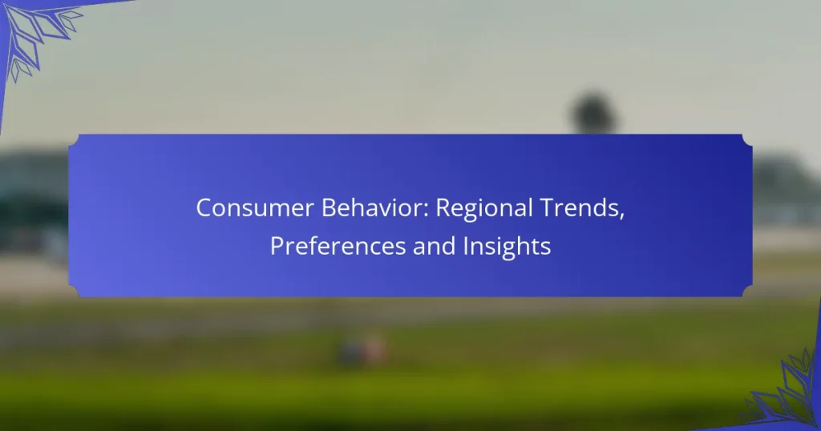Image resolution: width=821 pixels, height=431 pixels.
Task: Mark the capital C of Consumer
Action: (x=204, y=207)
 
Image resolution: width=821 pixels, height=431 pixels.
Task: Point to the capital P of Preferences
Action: (x=277, y=247)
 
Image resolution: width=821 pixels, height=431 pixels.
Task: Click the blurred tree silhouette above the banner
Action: (x=593, y=112)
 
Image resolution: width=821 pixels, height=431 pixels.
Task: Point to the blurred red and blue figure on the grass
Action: (x=362, y=350)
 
